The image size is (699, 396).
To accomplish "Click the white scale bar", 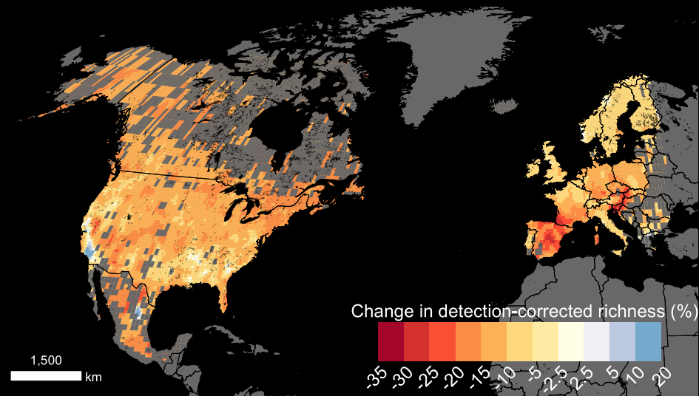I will [45, 376].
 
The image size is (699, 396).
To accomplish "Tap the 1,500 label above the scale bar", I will [46, 361].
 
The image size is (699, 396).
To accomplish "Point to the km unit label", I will [93, 377].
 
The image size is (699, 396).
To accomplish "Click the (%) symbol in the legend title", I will [679, 311].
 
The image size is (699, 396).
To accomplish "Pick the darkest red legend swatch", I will [391, 341].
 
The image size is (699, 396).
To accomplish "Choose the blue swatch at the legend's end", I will [648, 341].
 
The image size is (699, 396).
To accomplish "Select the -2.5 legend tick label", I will [556, 380].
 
